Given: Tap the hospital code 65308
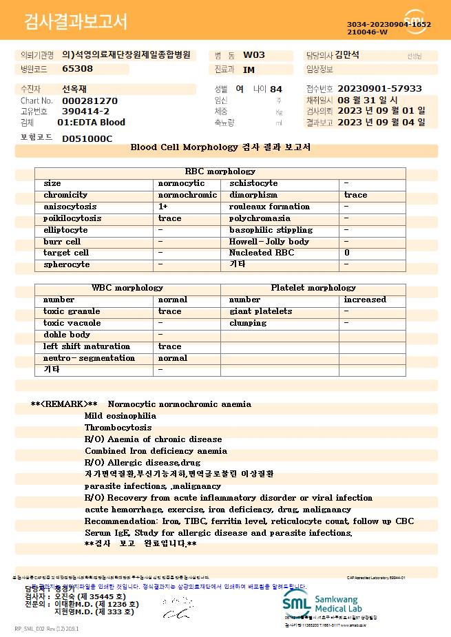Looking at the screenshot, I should pyautogui.click(x=77, y=69).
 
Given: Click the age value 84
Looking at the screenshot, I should pyautogui.click(x=276, y=90).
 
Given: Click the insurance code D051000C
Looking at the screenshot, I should pyautogui.click(x=87, y=138).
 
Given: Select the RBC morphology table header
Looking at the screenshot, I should pyautogui.click(x=220, y=171).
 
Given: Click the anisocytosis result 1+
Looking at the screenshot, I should pyautogui.click(x=163, y=207).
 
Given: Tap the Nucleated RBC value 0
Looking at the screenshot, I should pyautogui.click(x=346, y=253).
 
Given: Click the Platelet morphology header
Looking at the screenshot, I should pyautogui.click(x=313, y=288).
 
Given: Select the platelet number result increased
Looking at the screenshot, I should pyautogui.click(x=365, y=300).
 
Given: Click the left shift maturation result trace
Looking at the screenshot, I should pyautogui.click(x=169, y=346).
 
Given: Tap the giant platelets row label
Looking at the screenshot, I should pyautogui.click(x=260, y=311).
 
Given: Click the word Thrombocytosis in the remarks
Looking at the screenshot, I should pyautogui.click(x=118, y=428).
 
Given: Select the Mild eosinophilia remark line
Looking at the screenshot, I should pyautogui.click(x=120, y=416).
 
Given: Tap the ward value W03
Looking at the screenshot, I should pyautogui.click(x=254, y=55).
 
